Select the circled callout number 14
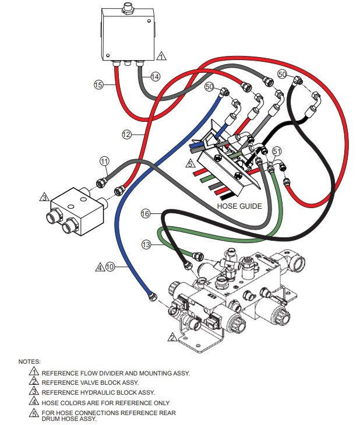click(155, 76)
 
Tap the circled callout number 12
click(126, 134)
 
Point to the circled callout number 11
click(104, 160)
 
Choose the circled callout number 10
click(110, 267)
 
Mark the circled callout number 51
click(277, 151)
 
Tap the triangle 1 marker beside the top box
click(161, 56)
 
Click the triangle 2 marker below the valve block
click(172, 337)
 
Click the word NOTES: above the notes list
click(29, 361)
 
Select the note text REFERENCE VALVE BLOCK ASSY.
click(90, 382)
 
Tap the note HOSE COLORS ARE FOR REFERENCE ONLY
click(105, 402)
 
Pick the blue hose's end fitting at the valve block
click(153, 297)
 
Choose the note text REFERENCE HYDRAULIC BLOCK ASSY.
click(98, 392)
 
